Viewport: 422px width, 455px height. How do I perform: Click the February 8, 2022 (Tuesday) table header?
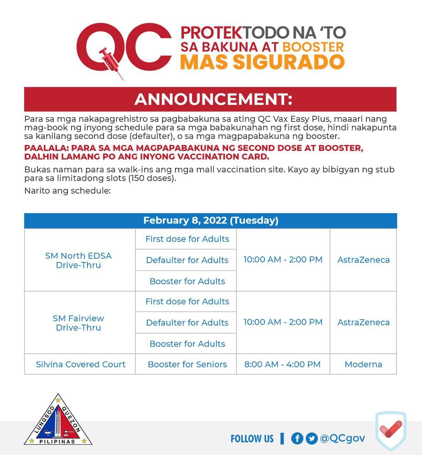coord(210,220)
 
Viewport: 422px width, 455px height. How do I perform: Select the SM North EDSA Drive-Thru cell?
coord(78,260)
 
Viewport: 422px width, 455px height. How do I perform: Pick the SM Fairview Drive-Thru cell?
coord(78,323)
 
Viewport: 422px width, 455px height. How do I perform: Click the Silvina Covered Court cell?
coord(80,364)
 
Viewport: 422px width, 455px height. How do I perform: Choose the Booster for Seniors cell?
coord(187,364)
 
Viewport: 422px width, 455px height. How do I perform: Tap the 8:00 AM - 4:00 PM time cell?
coord(282,364)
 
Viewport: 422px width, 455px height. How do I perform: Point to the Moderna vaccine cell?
coord(363,364)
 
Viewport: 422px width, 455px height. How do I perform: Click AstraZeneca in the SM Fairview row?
coord(363,322)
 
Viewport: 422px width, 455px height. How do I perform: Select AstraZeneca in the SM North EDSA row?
coord(363,260)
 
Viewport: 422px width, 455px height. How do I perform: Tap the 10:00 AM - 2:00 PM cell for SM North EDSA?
coord(283,260)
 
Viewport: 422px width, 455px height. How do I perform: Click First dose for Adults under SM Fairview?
coord(187,301)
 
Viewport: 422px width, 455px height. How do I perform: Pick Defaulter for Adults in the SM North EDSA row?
coord(187,260)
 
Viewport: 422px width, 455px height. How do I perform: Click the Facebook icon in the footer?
coord(297,438)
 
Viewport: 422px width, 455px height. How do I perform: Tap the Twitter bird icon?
coord(311,438)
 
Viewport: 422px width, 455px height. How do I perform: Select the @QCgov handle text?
coord(342,438)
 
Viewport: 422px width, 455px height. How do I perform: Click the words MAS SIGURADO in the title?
coord(262,62)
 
